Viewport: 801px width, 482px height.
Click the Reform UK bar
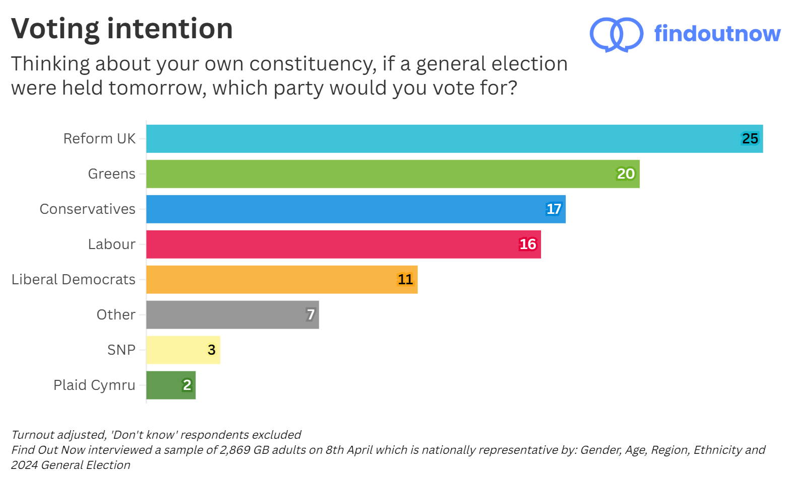(x=453, y=139)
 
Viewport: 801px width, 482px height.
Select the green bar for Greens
(x=393, y=174)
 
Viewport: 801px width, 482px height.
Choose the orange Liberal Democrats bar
(x=282, y=280)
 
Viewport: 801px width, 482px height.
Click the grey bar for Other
(x=232, y=315)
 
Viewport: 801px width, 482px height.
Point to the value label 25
(x=750, y=139)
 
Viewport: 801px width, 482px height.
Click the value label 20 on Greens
(x=626, y=174)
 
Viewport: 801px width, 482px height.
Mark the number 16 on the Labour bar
(x=527, y=245)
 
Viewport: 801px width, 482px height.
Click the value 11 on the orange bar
(x=405, y=280)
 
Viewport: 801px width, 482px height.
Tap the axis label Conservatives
(x=88, y=209)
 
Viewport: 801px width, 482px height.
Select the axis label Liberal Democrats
(x=74, y=280)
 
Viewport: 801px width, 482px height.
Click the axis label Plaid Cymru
(x=94, y=385)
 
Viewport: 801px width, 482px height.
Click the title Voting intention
(x=122, y=29)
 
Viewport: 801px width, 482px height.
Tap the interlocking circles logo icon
(x=616, y=34)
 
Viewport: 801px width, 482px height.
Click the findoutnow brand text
(x=717, y=34)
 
